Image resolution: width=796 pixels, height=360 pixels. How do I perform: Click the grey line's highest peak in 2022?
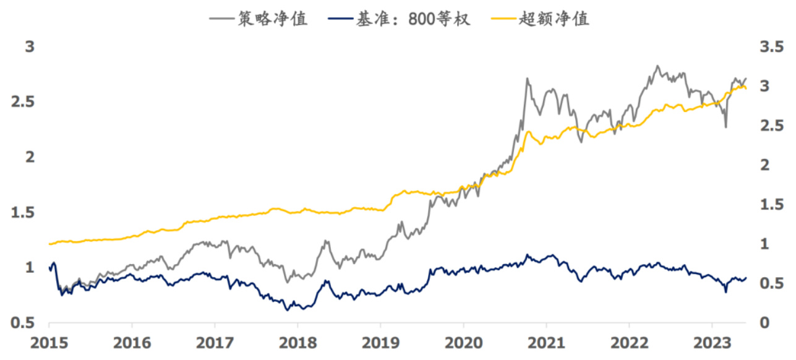click(x=657, y=66)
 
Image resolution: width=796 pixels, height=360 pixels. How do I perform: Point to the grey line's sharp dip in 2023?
click(x=725, y=127)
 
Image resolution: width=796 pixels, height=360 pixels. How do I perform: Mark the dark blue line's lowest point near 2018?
click(x=288, y=309)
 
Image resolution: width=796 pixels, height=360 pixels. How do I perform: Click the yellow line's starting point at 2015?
click(x=49, y=244)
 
